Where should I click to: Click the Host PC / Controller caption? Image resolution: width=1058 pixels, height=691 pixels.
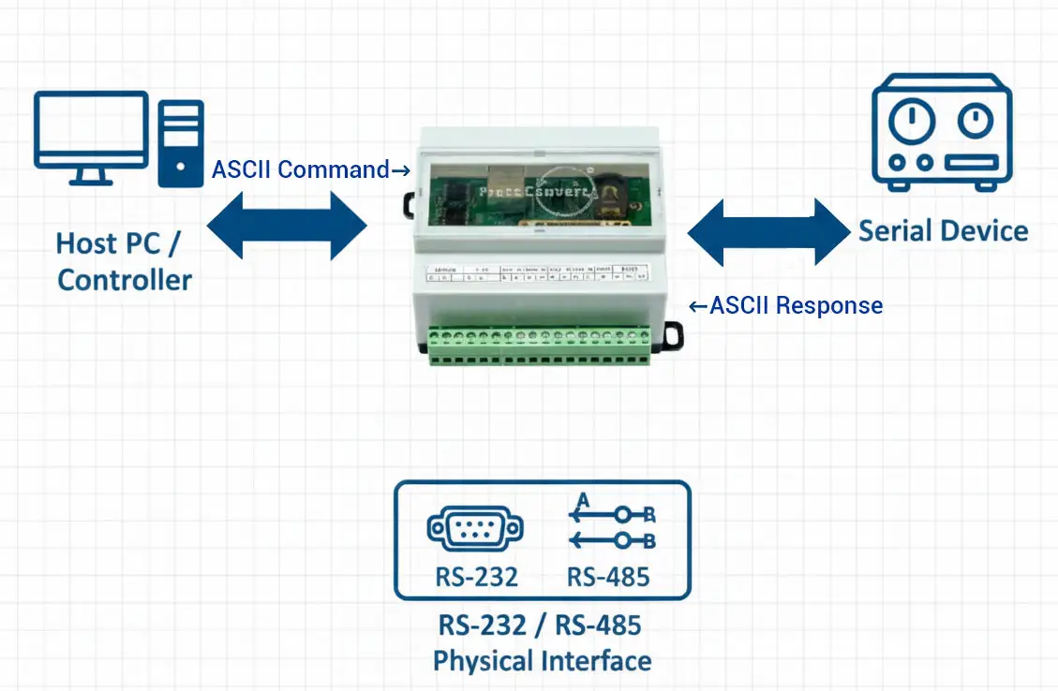124,261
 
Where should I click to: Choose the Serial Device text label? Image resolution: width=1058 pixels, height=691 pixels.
943,231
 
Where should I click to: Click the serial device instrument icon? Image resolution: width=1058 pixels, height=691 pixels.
941,132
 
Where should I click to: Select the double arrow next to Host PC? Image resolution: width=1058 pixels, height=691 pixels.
287,226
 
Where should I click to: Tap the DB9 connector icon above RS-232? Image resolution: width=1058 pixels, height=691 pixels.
475,529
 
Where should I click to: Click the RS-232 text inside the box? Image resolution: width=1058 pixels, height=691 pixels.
476,577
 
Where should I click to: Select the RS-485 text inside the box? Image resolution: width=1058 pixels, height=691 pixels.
608,577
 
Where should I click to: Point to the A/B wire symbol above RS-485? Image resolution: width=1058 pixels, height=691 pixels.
612,525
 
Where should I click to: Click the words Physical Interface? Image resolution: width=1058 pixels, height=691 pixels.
542,661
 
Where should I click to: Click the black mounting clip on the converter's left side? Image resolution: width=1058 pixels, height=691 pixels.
410,204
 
